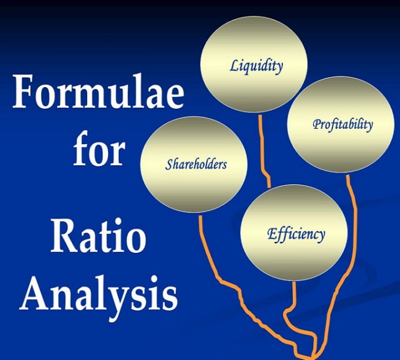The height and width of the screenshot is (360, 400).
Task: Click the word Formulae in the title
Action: tap(98, 91)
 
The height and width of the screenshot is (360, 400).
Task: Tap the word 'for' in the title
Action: tap(99, 148)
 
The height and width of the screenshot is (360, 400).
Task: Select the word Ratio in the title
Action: tap(98, 236)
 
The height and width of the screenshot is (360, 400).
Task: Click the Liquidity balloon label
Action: tap(256, 66)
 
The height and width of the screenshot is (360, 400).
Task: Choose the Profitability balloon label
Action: tap(342, 125)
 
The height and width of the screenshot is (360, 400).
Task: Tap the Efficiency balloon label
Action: tap(296, 234)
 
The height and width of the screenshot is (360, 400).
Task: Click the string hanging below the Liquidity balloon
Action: tap(264, 151)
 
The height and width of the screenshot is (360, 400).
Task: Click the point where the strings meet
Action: tap(314, 356)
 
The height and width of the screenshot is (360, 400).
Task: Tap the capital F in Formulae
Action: tap(24, 91)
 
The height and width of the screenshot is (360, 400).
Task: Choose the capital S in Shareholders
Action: tap(169, 164)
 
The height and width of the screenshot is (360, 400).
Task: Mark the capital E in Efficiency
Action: tap(272, 234)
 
